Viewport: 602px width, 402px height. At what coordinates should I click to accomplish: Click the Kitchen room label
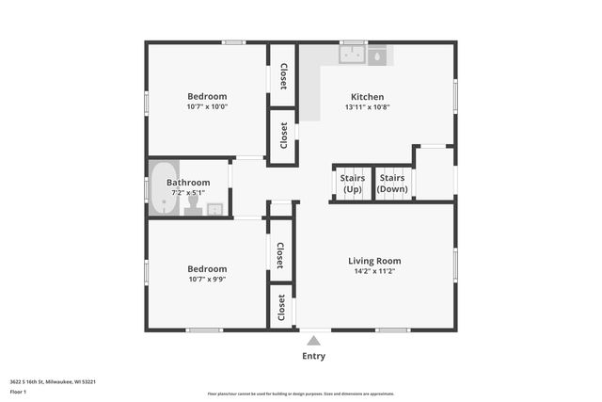tap(367, 96)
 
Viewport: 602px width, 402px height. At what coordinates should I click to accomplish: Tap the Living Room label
tap(374, 261)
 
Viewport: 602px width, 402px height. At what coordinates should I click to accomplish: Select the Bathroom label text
tap(187, 183)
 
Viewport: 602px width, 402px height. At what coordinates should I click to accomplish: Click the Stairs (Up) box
tap(352, 183)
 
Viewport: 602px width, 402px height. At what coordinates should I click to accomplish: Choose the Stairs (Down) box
tap(392, 183)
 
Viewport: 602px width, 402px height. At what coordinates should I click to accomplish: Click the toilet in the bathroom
tap(194, 202)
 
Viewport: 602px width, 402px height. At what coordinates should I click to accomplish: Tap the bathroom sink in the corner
tap(215, 209)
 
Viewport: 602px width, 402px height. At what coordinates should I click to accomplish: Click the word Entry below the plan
tap(313, 356)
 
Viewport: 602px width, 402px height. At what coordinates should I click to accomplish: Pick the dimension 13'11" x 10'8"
tap(367, 107)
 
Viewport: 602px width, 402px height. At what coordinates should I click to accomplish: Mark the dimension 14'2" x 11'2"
tap(374, 272)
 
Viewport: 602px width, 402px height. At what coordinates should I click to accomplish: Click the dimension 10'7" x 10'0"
tap(207, 107)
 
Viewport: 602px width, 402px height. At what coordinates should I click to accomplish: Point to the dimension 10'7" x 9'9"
tap(207, 280)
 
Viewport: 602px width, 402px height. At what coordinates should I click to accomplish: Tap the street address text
tap(53, 381)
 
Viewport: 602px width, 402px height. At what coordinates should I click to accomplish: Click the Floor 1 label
tap(18, 391)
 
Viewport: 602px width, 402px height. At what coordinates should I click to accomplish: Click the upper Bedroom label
tap(207, 96)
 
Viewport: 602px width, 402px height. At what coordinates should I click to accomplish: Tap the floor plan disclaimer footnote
tap(301, 394)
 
